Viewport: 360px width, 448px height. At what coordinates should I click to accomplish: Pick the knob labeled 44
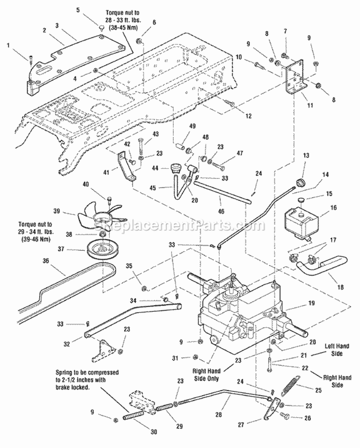(x=175, y=169)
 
